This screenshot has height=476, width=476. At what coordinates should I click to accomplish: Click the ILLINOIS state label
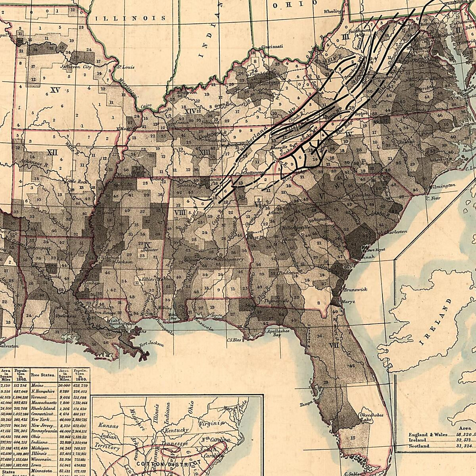point(131,18)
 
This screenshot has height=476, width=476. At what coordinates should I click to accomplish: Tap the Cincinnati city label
point(272,47)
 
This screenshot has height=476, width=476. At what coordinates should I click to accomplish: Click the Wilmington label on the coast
point(441,186)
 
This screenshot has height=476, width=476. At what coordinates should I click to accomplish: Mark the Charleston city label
point(394,231)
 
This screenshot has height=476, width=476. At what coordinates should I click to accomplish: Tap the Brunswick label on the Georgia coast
point(356,290)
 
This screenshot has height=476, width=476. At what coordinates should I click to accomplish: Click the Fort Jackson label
point(152,344)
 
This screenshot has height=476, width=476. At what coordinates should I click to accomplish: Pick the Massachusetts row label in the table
point(44,403)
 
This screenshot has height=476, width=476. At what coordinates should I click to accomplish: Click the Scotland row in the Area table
point(419,446)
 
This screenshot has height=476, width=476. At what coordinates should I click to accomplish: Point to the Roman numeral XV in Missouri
point(55,90)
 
